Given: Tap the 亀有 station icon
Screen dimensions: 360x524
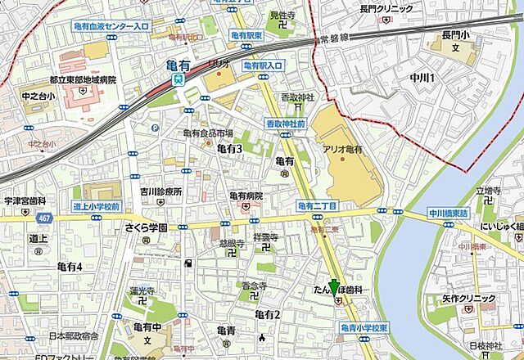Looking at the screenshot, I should [x=178, y=79].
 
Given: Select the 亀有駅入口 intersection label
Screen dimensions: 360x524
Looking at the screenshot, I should [x=262, y=65].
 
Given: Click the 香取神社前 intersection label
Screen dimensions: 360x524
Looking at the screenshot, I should [x=286, y=124].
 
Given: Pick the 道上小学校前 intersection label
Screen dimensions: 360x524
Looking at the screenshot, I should [x=96, y=206].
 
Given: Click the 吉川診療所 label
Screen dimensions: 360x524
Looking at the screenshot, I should [x=160, y=191].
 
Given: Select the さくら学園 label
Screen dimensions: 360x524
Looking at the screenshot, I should [x=146, y=228].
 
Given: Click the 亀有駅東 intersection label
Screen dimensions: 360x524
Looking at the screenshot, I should [x=246, y=36].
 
